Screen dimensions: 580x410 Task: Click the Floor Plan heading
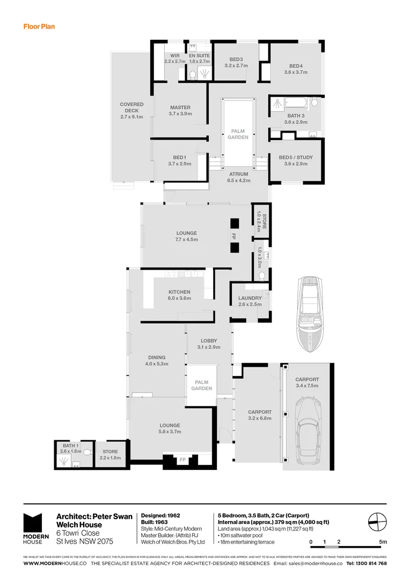point(39,26)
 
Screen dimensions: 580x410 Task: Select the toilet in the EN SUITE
point(193,75)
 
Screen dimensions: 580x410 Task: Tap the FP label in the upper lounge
point(234,236)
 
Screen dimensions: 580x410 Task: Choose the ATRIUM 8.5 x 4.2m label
point(238,177)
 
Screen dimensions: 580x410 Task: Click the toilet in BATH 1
point(85,453)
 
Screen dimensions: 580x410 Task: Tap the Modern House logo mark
point(33,524)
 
